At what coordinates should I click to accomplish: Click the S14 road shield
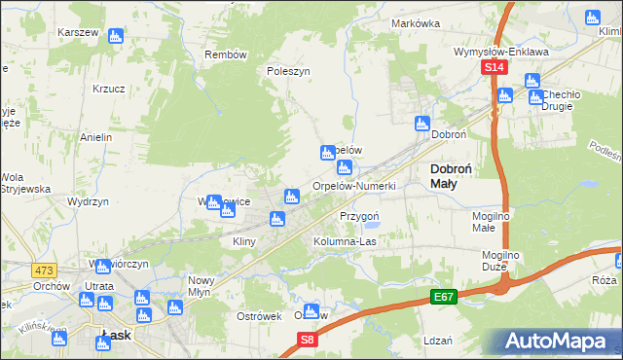(495, 67)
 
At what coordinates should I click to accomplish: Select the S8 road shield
(308, 340)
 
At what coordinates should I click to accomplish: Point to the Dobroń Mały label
(451, 175)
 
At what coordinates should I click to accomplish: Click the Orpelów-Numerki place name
(353, 186)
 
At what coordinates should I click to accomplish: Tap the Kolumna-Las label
(344, 240)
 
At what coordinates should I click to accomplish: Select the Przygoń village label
(358, 216)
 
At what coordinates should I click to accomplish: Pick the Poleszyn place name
(288, 71)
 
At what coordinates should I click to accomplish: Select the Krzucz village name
(109, 88)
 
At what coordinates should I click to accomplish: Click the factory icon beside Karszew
(116, 37)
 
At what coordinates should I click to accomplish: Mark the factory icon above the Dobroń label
(422, 124)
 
